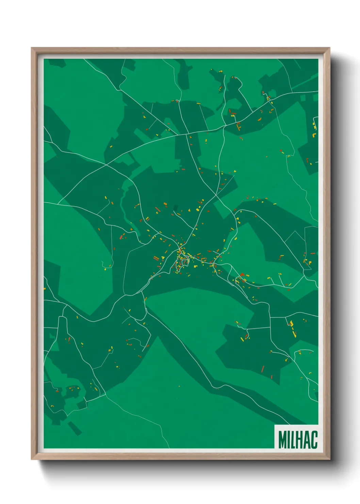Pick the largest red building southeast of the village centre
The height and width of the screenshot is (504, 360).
pos(242,274)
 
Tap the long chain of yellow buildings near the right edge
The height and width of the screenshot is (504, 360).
pos(292,328)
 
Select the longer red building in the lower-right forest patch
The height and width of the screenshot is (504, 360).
pos(263,369)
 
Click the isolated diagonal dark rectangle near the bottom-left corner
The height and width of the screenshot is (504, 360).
pos(75,428)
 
